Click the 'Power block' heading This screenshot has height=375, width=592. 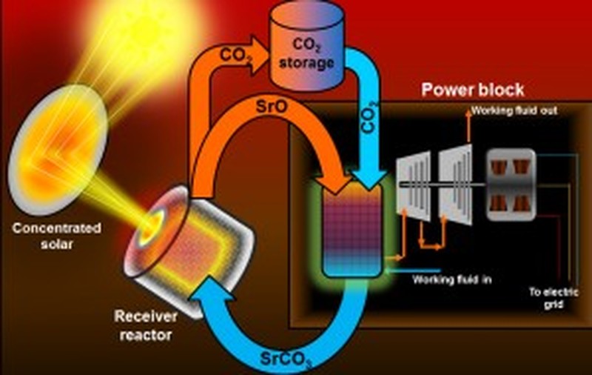pos(473,90)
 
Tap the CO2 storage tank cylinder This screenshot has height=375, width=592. pos(306,48)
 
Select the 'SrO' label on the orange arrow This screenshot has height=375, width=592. pos(272,107)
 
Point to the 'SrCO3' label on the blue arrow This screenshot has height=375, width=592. pos(286,359)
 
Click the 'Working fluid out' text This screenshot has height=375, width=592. pos(514,110)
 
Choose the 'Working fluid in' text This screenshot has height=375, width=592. pos(452,279)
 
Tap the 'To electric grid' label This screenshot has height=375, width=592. pos(554,298)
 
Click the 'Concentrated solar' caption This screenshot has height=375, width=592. pos(57,236)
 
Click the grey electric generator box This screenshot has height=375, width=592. pos(511,185)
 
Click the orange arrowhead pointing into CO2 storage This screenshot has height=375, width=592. pos(258,56)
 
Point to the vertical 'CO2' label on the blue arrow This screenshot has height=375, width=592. pos(369,118)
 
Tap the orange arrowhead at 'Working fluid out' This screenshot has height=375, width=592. pos(468,113)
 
